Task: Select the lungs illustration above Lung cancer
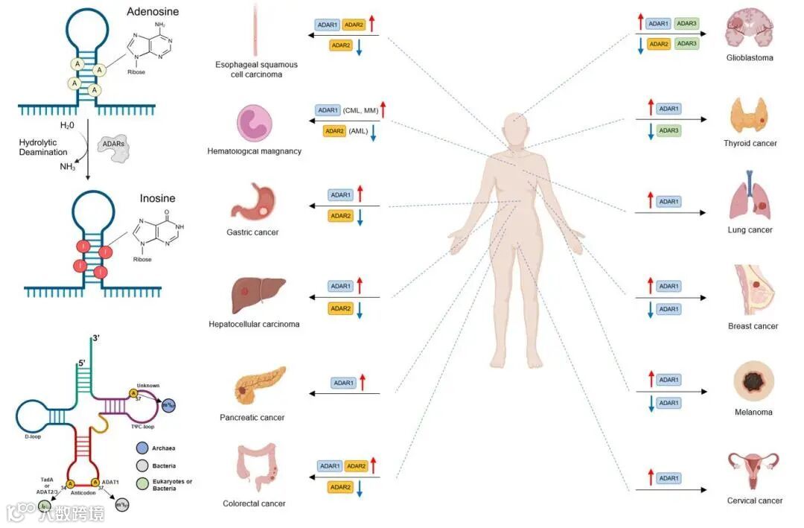coord(750,197)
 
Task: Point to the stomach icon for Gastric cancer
coord(253,203)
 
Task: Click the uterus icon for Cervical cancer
coord(753,469)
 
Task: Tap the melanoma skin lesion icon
coord(752,382)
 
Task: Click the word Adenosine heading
coord(153,12)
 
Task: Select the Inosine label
coord(158,199)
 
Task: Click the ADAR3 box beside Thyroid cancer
coord(668,131)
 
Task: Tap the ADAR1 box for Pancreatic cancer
coord(343,383)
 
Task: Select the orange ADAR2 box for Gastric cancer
coord(340,216)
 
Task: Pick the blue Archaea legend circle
coord(143,448)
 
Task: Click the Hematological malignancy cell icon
coord(253,123)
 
